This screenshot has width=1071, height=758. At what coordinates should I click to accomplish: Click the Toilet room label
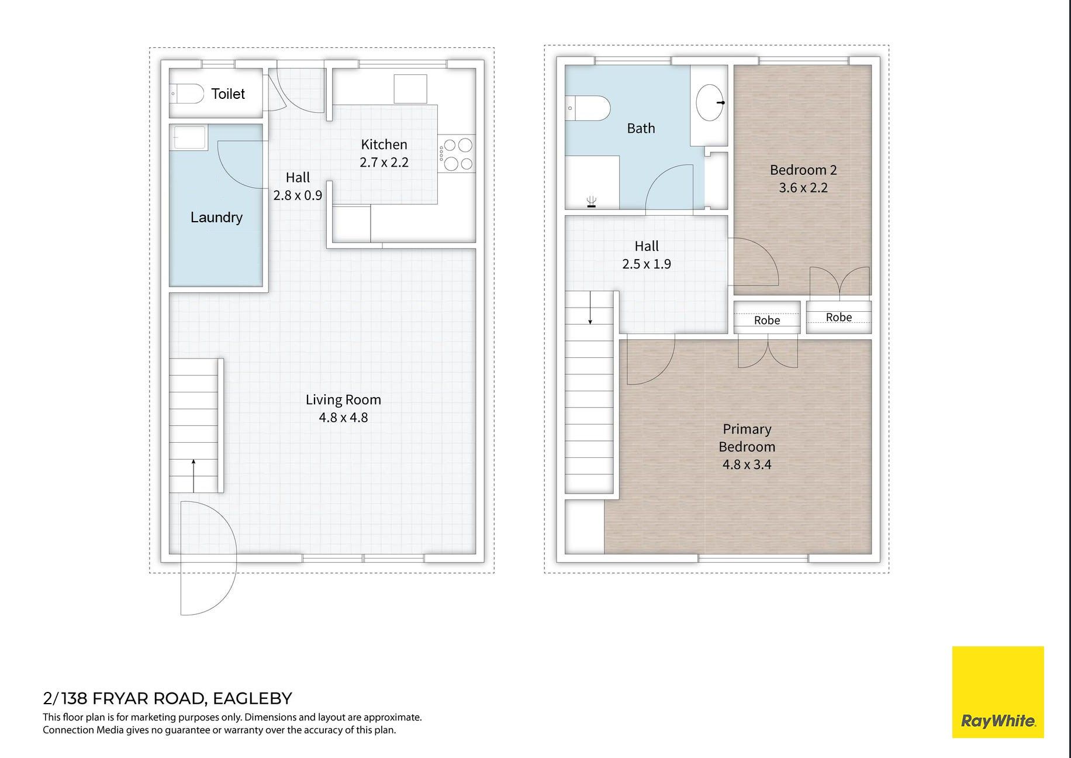coord(228,94)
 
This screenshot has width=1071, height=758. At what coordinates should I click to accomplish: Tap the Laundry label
coord(216,218)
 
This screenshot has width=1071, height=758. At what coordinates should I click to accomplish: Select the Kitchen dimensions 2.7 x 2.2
coord(384,162)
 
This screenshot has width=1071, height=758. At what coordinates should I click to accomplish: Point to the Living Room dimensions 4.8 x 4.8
coord(343,418)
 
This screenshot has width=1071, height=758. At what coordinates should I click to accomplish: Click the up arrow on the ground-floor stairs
coord(194,476)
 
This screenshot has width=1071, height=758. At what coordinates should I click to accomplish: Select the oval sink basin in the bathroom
coord(710,102)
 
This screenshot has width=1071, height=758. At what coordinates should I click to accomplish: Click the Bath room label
coord(641,128)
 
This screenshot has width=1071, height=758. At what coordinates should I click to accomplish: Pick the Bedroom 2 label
coord(803,170)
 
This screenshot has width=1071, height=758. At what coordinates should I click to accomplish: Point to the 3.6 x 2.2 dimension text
coord(803,188)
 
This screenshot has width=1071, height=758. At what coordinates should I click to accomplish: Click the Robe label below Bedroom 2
coord(839,317)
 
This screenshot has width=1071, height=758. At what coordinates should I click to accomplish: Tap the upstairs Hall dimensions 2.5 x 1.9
coord(647,264)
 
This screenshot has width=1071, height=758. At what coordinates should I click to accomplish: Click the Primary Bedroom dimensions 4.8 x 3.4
coord(747,464)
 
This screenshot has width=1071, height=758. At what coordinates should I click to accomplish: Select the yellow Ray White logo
coord(998,692)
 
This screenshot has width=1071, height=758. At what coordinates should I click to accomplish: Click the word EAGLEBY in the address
coord(252,698)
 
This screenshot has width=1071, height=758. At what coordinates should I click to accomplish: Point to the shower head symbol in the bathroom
coord(592,202)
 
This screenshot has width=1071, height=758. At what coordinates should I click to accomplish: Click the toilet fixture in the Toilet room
coord(186,93)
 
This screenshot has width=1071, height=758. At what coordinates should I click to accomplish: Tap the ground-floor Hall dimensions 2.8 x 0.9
coord(298,195)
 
